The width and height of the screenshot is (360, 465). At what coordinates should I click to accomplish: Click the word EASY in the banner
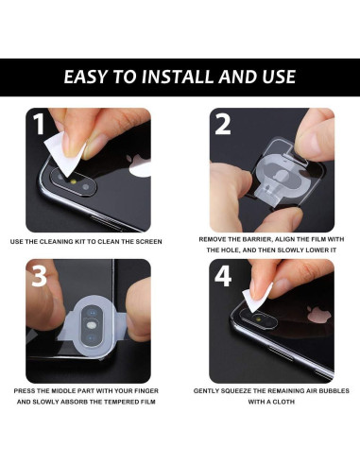(x=87, y=77)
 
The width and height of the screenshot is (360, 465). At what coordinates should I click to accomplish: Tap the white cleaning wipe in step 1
(x=60, y=141)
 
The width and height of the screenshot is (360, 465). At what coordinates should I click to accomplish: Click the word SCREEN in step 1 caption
(x=148, y=242)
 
